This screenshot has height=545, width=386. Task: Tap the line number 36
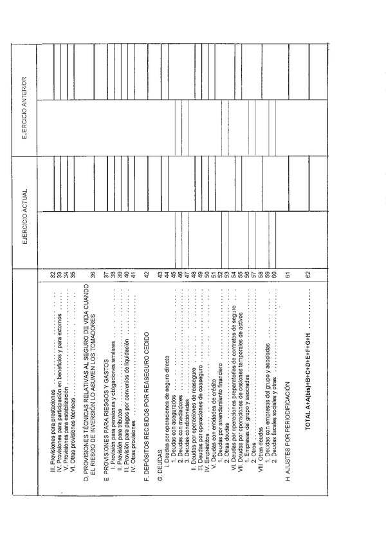coord(93,276)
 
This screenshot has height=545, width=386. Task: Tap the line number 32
coord(53,276)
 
